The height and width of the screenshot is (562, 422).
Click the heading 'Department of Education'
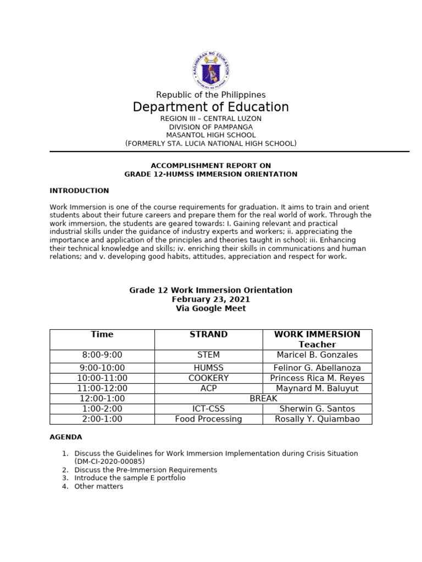click(x=211, y=107)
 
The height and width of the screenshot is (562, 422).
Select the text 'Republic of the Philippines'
click(x=211, y=95)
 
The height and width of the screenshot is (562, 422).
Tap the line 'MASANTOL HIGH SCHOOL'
click(x=211, y=135)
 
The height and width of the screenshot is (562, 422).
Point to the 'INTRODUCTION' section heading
click(x=79, y=191)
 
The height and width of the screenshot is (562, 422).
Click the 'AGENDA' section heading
click(x=66, y=437)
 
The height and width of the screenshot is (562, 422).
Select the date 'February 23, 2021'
click(x=211, y=300)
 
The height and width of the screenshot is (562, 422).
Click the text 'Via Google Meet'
click(x=211, y=308)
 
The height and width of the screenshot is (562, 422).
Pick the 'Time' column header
click(x=102, y=334)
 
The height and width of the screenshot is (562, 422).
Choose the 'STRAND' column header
click(x=208, y=334)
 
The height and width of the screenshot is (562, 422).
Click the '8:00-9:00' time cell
click(x=102, y=355)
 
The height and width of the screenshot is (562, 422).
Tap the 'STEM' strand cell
click(x=208, y=355)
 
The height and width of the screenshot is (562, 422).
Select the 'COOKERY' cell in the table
click(x=208, y=378)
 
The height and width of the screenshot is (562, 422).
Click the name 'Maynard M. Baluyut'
click(x=317, y=389)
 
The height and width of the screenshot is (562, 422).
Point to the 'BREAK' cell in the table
click(x=263, y=398)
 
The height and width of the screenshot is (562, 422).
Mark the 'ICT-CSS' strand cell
click(x=208, y=409)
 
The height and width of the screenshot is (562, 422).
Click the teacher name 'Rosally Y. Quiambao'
click(x=317, y=419)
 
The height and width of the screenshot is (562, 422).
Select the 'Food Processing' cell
click(x=208, y=419)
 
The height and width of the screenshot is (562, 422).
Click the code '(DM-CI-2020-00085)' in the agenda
click(x=110, y=462)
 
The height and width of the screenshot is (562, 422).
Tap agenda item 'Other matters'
click(x=99, y=486)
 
